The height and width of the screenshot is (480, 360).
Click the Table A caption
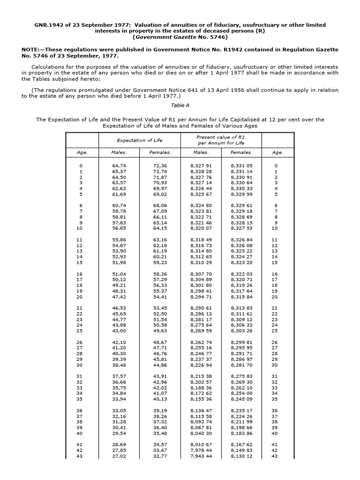[180, 105]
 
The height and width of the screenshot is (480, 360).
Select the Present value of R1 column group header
[220, 140]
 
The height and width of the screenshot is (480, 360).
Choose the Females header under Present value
[241, 152]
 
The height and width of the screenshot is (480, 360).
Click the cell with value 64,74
[118, 166]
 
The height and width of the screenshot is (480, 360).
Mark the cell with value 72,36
[160, 166]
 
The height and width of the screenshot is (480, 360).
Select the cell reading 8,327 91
[202, 166]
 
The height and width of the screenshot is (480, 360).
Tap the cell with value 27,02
[118, 456]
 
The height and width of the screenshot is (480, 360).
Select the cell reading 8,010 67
[202, 444]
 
